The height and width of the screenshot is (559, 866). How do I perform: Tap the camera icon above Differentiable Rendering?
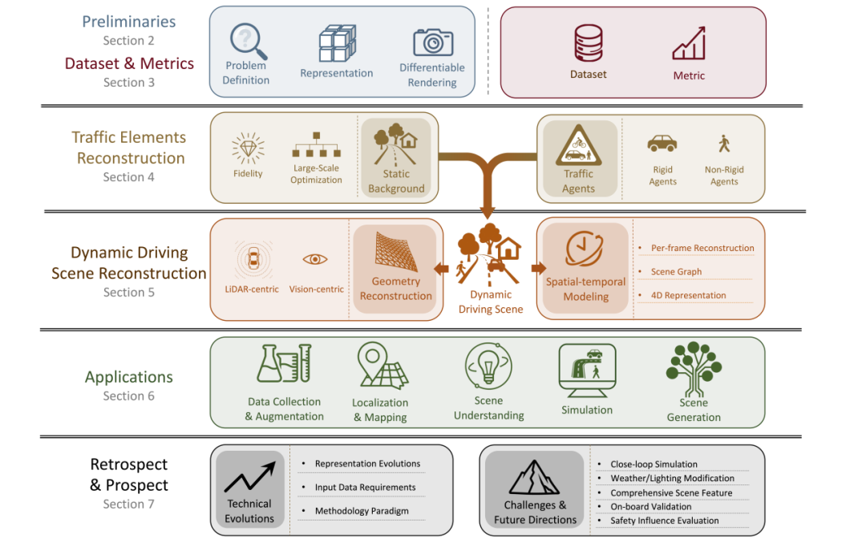point(433,42)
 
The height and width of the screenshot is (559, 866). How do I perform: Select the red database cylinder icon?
point(588,43)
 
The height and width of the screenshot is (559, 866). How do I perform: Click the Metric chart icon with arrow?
point(689,44)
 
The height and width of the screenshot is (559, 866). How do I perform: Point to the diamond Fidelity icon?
point(248,148)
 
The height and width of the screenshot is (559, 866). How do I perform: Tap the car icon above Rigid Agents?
point(662,144)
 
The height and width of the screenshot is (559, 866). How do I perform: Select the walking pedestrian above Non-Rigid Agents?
point(724,144)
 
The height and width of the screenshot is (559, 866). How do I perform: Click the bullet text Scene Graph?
point(676,272)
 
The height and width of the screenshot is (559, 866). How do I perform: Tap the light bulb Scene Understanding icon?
point(488,367)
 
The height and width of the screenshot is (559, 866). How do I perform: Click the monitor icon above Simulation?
point(587,370)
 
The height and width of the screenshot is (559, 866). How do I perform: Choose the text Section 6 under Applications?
point(128,396)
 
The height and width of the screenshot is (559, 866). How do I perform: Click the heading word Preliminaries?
point(128,22)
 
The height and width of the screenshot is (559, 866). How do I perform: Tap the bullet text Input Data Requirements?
point(365,488)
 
